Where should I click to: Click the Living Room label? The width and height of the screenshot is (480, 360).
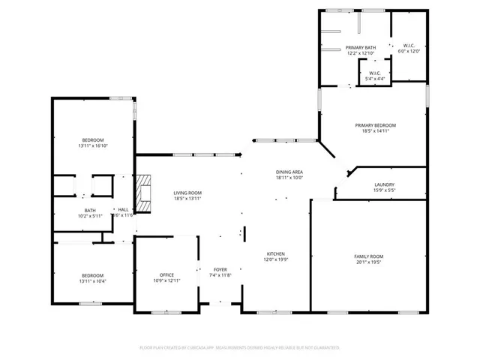pyautogui.click(x=187, y=193)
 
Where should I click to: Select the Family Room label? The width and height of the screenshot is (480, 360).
pyautogui.click(x=368, y=256)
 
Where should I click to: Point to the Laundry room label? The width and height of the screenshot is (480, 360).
pyautogui.click(x=384, y=184)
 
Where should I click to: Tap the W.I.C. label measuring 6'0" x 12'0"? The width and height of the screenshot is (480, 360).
pyautogui.click(x=409, y=46)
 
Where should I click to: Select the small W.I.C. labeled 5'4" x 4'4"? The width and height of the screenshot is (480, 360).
pyautogui.click(x=375, y=73)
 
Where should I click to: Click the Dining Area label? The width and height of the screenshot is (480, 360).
pyautogui.click(x=289, y=172)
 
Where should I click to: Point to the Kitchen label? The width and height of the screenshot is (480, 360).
pyautogui.click(x=275, y=254)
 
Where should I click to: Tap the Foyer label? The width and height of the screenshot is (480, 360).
pyautogui.click(x=220, y=269)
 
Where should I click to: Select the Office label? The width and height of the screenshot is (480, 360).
pyautogui.click(x=166, y=274)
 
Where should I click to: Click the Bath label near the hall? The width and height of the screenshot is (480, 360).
pyautogui.click(x=90, y=211)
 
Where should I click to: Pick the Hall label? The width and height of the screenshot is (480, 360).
pyautogui.click(x=122, y=210)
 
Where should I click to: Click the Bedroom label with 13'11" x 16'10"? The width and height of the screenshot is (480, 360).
pyautogui.click(x=93, y=140)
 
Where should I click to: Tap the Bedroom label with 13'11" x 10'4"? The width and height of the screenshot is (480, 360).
pyautogui.click(x=93, y=275)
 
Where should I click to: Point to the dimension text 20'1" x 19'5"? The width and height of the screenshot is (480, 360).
pyautogui.click(x=368, y=262)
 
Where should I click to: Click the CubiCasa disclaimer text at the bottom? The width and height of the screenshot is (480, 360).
pyautogui.click(x=240, y=348)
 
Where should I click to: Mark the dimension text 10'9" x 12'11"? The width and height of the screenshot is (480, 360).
pyautogui.click(x=166, y=280)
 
